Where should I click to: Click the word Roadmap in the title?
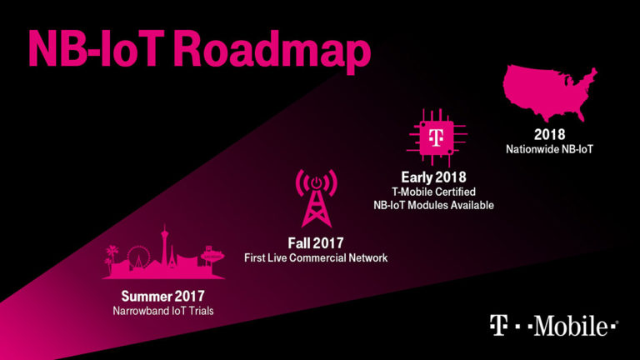276,52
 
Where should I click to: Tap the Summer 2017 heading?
162,296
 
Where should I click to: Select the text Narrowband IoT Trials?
162,312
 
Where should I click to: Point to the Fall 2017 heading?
316,242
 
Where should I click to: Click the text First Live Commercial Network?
316,258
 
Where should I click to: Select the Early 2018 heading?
432,177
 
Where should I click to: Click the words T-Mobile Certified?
433,191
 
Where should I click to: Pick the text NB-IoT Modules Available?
432,205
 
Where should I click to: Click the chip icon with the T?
432,136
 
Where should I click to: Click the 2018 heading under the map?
549,134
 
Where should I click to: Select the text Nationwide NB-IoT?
549,149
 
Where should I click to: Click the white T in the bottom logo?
499,326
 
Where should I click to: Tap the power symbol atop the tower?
316,182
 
